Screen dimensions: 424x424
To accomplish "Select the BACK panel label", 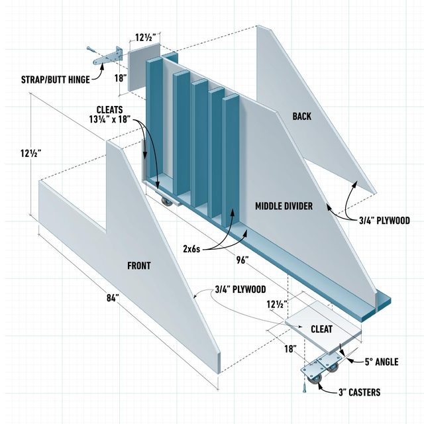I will pos(301,117).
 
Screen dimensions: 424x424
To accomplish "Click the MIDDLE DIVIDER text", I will pos(284,206).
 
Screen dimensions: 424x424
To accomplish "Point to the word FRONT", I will pos(138,266).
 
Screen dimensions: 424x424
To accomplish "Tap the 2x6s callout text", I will pos(192,249).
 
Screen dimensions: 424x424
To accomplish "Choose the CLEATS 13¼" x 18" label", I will pos(111,115).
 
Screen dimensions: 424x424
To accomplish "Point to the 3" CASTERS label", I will pos(358,392).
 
